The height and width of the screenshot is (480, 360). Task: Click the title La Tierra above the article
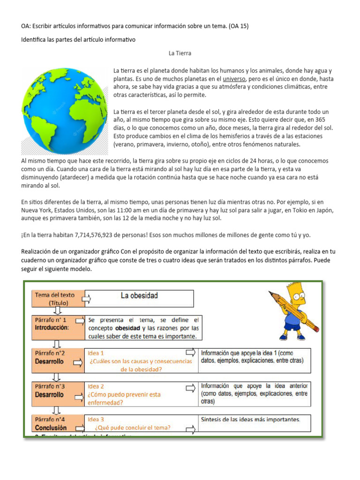[x=180, y=53]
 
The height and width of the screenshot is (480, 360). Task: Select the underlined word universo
[x=237, y=78]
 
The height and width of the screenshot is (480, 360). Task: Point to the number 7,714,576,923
[x=99, y=235]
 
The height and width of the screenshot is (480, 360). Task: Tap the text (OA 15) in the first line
[x=239, y=26]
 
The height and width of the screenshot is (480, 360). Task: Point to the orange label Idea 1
[x=96, y=352]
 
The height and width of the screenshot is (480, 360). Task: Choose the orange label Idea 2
[x=96, y=386]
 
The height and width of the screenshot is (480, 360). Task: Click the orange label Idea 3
[x=96, y=420]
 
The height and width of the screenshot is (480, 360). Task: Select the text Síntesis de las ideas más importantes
[x=251, y=419]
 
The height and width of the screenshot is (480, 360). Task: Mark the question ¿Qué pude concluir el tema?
[x=133, y=427]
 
